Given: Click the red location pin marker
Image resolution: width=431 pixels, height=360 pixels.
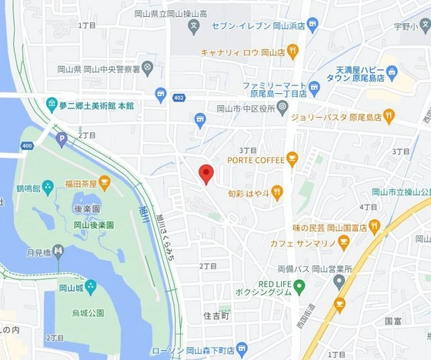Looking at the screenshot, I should (x=205, y=173).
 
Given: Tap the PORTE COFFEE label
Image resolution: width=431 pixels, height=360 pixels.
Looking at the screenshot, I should (x=255, y=159).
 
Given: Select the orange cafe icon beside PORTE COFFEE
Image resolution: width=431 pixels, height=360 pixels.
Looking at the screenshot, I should (x=292, y=159).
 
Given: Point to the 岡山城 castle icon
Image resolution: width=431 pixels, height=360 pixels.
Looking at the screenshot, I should (x=91, y=287).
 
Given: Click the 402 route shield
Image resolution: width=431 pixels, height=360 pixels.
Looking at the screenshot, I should (x=179, y=98).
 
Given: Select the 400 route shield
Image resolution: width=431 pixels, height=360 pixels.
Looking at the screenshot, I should (x=27, y=145).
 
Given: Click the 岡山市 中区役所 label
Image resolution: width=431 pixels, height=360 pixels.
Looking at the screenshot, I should (x=246, y=108).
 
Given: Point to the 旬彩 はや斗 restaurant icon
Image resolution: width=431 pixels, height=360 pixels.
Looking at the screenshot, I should (x=277, y=192).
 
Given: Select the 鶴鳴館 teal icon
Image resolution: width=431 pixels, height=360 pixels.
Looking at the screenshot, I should (x=48, y=186).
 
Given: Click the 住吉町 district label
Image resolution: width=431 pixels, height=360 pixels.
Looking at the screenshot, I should (x=216, y=315).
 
